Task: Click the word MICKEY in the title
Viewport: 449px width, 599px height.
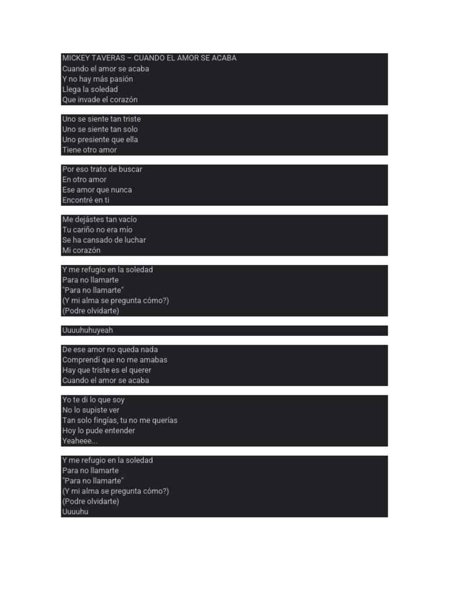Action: click(75, 58)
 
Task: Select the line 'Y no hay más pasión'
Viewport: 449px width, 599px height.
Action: click(98, 79)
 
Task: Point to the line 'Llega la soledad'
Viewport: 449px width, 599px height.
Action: click(90, 89)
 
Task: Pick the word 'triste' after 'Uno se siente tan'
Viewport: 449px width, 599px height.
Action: click(132, 119)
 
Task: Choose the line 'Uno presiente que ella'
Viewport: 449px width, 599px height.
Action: click(100, 140)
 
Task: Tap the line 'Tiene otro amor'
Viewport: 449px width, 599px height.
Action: click(89, 150)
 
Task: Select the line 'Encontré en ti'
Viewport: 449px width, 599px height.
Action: click(86, 200)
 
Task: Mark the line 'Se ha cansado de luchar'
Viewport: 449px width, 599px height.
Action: click(104, 240)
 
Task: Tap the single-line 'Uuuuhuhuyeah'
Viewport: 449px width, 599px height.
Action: click(88, 331)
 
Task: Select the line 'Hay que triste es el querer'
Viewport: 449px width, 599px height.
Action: click(107, 370)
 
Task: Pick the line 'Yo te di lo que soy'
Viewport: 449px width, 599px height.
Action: click(94, 400)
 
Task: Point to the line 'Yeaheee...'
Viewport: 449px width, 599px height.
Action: click(80, 441)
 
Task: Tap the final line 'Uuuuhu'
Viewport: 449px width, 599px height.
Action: click(75, 512)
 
